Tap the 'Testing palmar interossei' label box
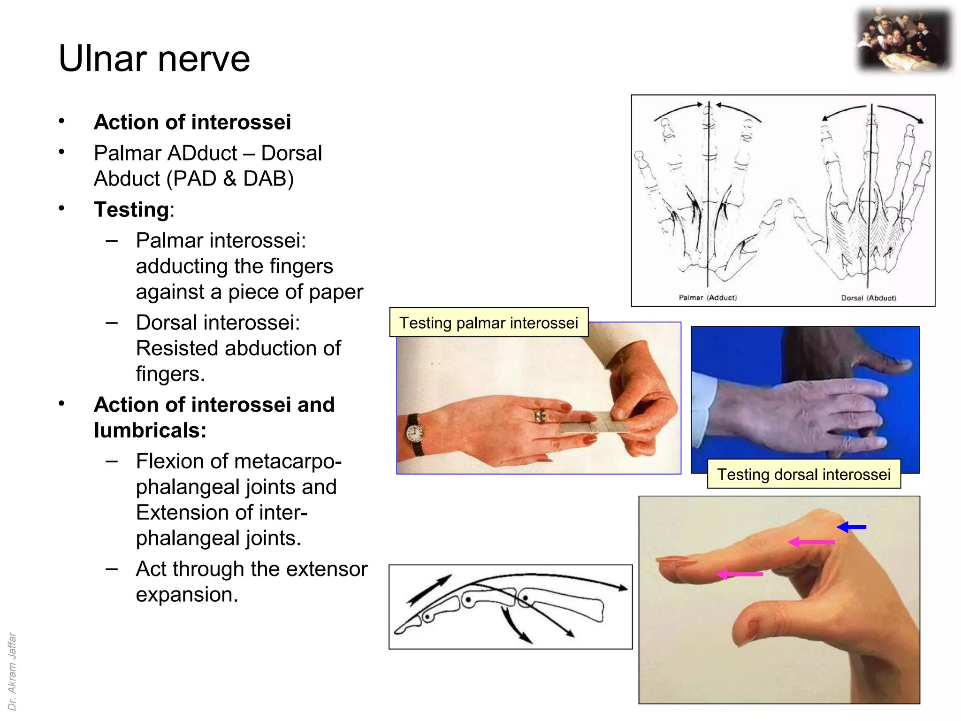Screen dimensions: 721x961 [488, 323]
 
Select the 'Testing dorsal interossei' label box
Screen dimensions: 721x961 [803, 474]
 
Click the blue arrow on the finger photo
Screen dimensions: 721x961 [852, 527]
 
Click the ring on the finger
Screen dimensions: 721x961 [540, 416]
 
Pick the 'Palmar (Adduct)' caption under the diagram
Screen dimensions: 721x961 [708, 298]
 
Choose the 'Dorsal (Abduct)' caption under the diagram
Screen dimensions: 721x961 [869, 298]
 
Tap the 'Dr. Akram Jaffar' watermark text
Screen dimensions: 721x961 [13, 671]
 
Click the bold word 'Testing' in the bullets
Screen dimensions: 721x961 [131, 209]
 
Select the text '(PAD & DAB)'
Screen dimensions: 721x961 [230, 179]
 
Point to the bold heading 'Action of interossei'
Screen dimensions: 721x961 [192, 122]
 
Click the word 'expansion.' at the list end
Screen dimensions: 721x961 [187, 595]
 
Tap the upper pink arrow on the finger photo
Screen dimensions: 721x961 [811, 542]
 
